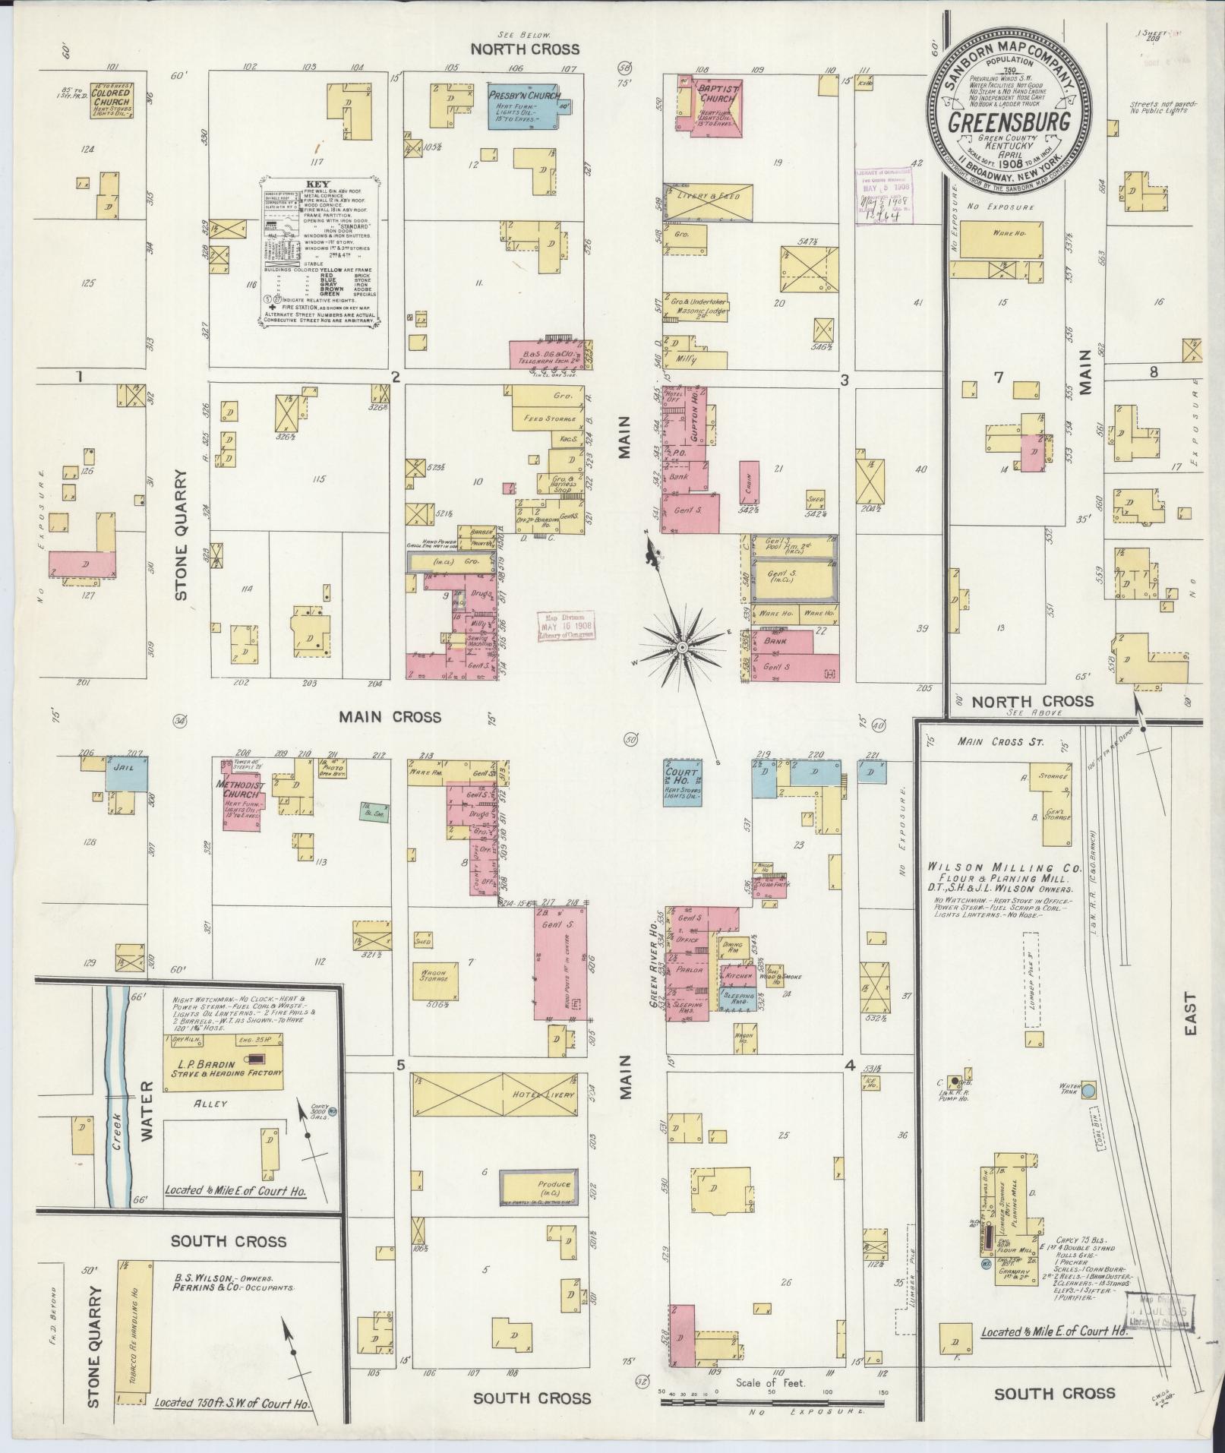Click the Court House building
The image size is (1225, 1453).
[683, 782]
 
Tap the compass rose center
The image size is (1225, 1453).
[682, 647]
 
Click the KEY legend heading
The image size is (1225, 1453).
[314, 185]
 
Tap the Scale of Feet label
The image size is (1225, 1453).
[770, 1383]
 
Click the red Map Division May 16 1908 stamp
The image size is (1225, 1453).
[567, 627]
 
